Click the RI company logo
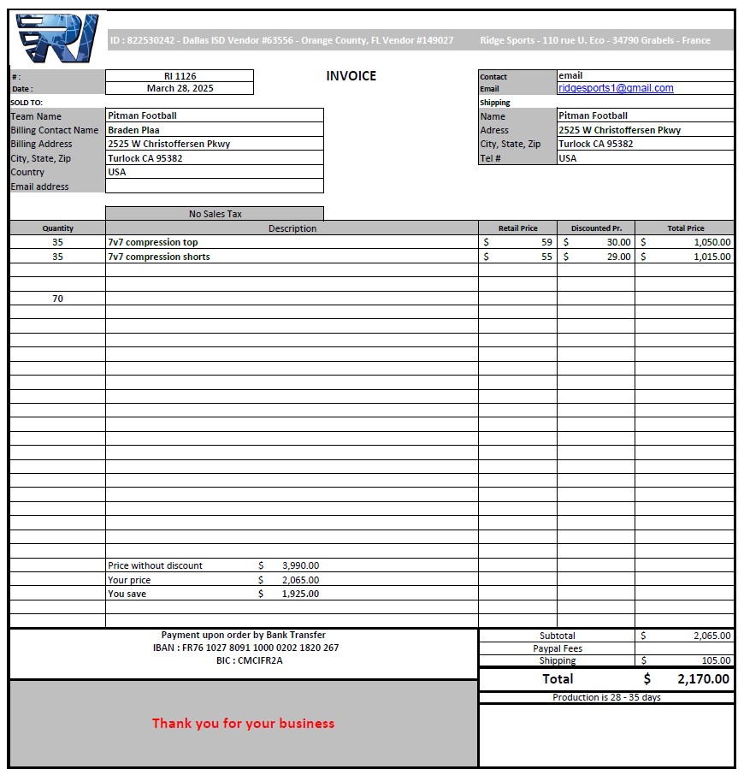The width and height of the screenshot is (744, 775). pyautogui.click(x=57, y=38)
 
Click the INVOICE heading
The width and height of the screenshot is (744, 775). pyautogui.click(x=351, y=76)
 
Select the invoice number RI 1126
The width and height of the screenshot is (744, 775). pyautogui.click(x=180, y=76)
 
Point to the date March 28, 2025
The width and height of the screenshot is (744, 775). pyautogui.click(x=180, y=88)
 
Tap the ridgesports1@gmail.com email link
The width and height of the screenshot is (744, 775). pyautogui.click(x=616, y=88)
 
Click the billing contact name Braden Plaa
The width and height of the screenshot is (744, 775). pyautogui.click(x=133, y=130)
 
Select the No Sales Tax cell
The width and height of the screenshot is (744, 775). pyautogui.click(x=215, y=214)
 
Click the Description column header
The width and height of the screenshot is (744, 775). pyautogui.click(x=292, y=228)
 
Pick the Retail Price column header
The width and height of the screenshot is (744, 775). pyautogui.click(x=518, y=228)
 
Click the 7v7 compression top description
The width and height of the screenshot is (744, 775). pyautogui.click(x=153, y=242)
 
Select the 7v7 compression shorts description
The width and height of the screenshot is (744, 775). pyautogui.click(x=159, y=257)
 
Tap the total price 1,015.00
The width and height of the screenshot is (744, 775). pyautogui.click(x=712, y=257)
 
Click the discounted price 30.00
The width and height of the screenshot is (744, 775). pyautogui.click(x=618, y=242)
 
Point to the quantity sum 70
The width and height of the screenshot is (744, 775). pyautogui.click(x=57, y=299)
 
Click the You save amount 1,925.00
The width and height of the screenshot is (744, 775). pyautogui.click(x=300, y=594)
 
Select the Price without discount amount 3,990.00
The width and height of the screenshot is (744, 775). pyautogui.click(x=300, y=565)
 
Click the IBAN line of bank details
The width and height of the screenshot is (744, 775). pyautogui.click(x=245, y=648)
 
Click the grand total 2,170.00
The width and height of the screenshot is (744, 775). pyautogui.click(x=703, y=679)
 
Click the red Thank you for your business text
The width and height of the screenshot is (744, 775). pyautogui.click(x=243, y=724)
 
